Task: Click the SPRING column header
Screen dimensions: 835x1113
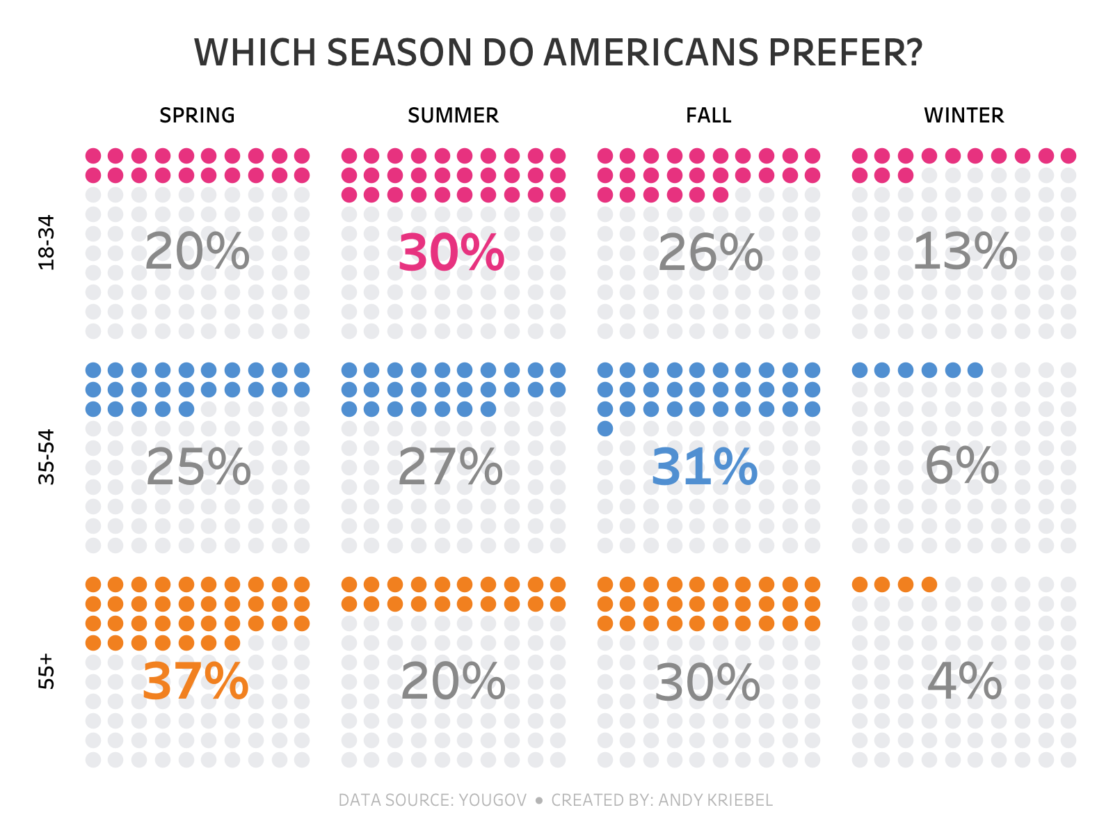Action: pyautogui.click(x=197, y=116)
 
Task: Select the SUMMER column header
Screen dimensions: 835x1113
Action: pyautogui.click(x=453, y=116)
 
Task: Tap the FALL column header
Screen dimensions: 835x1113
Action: pyautogui.click(x=708, y=116)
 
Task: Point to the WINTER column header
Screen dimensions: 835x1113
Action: pyautogui.click(x=963, y=116)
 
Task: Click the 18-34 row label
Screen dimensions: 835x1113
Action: pyautogui.click(x=46, y=242)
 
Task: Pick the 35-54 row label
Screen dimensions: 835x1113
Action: pyautogui.click(x=46, y=456)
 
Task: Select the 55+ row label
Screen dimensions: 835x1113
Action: pyautogui.click(x=46, y=671)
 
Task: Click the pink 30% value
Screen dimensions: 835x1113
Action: pyautogui.click(x=451, y=253)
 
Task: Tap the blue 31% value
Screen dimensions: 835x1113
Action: pyautogui.click(x=704, y=467)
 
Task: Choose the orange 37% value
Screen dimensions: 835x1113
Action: pyautogui.click(x=195, y=682)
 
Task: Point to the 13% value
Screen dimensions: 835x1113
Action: pyautogui.click(x=964, y=251)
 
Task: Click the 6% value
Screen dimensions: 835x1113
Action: pyautogui.click(x=961, y=466)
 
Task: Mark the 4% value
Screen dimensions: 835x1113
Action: pyautogui.click(x=964, y=681)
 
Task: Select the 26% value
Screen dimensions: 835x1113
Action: pyautogui.click(x=710, y=253)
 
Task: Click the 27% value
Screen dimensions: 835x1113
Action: pyautogui.click(x=450, y=467)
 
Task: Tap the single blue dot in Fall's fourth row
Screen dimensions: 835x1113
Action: pyautogui.click(x=605, y=429)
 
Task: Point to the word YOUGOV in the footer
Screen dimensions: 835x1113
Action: pyautogui.click(x=493, y=800)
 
